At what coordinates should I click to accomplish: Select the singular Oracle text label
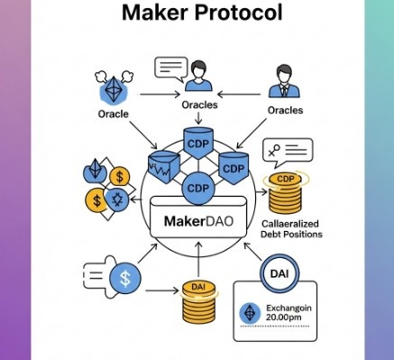point(115,115)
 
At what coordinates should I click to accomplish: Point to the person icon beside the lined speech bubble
point(200,84)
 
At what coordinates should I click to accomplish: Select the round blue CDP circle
point(197,189)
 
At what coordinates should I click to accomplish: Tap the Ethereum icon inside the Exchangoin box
point(252,313)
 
